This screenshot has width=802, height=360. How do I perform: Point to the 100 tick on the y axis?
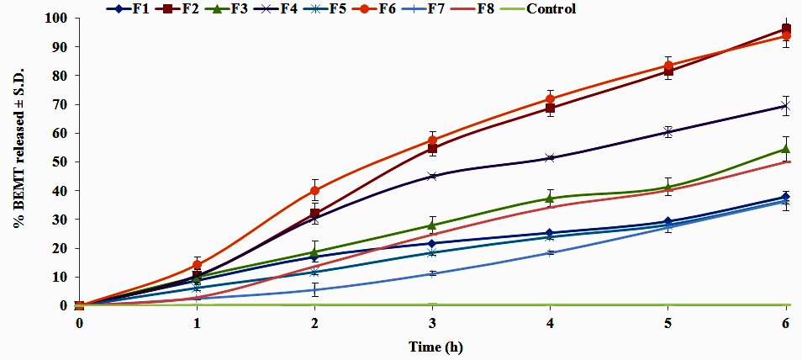coord(56,18)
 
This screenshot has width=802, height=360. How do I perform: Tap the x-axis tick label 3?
coord(432,324)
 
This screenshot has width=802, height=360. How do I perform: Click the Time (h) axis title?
coord(435,347)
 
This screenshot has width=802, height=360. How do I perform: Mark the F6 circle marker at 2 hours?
coord(314,190)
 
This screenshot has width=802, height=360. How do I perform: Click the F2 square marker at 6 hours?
coord(786,29)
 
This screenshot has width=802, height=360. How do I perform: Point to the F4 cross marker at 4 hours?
coord(551,158)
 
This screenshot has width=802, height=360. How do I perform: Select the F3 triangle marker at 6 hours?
coord(786,149)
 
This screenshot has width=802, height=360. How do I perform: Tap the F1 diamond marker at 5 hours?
coord(668,222)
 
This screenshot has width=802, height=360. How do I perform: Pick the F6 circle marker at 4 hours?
coord(551,98)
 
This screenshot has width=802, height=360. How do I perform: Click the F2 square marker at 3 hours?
coord(432,149)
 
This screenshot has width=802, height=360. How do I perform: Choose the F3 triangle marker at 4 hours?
coord(551,199)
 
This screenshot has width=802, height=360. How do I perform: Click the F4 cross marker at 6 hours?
coord(786,106)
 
